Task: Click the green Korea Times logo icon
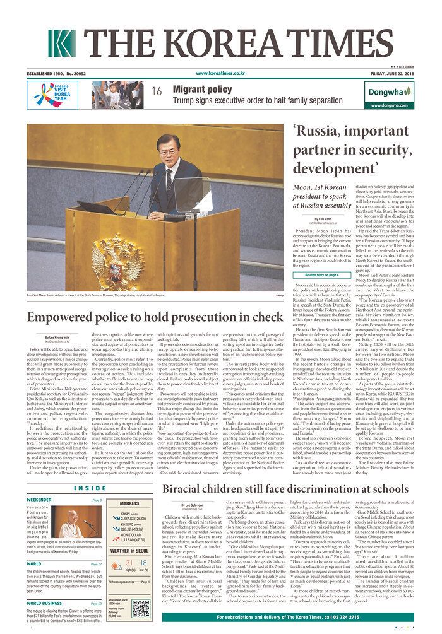tap(61, 44)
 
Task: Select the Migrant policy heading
tap(203, 90)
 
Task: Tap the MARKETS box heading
tap(129, 503)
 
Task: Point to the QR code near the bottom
tap(140, 608)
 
